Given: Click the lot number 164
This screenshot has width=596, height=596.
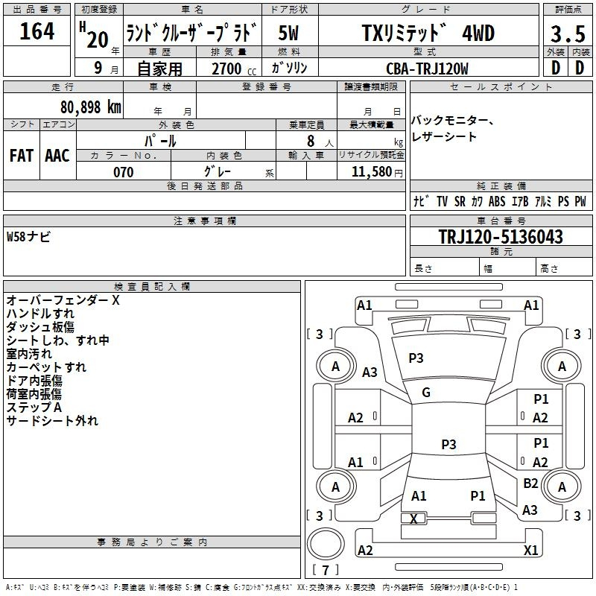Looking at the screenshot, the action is coord(37,32).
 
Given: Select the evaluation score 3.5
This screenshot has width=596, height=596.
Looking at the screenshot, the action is coord(568,34).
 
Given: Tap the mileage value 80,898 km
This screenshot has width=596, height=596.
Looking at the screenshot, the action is coord(91,107).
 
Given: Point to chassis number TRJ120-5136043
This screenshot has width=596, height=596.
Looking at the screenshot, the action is coord(500,238).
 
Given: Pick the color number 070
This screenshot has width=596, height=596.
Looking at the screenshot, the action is coord(123,172).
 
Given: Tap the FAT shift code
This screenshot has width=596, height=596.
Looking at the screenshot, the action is coord(22,155).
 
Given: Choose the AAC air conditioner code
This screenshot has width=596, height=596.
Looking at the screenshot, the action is coord(57,155).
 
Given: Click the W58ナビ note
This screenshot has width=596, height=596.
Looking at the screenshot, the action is coord(28,238).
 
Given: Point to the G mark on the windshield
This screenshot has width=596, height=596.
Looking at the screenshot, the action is coord(426,393).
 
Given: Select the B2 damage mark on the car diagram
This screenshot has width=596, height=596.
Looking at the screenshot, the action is coord(530,484).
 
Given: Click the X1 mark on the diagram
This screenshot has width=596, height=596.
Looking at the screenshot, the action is coord(531,551).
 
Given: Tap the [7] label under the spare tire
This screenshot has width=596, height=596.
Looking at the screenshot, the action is coord(326,570).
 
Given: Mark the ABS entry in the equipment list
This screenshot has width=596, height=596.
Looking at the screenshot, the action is coord(497,201).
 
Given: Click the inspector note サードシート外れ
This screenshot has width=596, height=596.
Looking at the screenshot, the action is coord(52,421).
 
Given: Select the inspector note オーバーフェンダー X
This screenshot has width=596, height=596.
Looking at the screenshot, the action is coord(63,300).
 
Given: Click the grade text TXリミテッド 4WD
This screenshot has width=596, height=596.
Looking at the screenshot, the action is coord(428,34).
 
